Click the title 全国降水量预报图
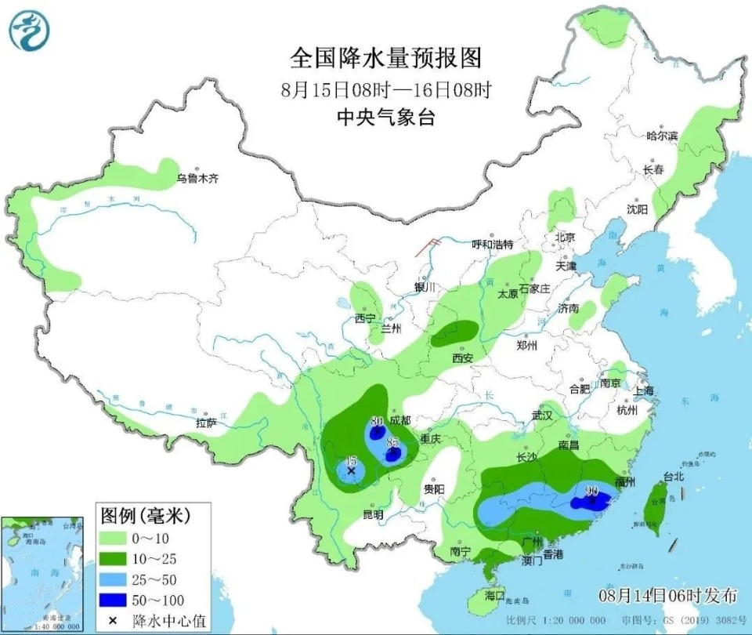point(385,58)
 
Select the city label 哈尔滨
point(662,136)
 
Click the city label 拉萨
point(206,423)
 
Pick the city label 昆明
point(373,515)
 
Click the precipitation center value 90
point(592,491)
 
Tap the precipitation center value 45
point(351,460)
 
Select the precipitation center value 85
point(392,442)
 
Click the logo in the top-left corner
point(29,31)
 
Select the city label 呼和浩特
point(492,244)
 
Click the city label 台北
point(674,476)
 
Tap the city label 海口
point(494,596)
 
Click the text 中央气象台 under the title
point(385,117)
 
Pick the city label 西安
point(462,358)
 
